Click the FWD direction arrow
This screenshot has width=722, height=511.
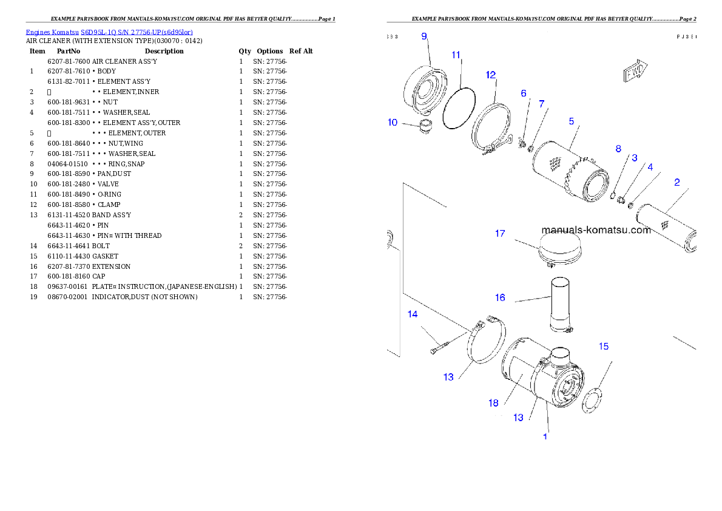(636, 72)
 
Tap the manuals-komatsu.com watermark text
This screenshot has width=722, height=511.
(596, 230)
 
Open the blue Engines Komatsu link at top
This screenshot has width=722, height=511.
(109, 32)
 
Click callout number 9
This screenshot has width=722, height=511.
(425, 36)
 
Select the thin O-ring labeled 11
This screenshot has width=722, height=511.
(458, 108)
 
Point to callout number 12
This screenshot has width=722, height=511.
(491, 75)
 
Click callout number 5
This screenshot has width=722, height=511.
(572, 121)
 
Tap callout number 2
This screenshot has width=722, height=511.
(677, 181)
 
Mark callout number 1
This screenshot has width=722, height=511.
(545, 436)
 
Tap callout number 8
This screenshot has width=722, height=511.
(618, 149)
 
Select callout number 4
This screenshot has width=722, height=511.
(650, 166)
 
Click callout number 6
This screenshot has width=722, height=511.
(524, 93)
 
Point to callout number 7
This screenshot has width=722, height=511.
(541, 104)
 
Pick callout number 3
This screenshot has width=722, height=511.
(634, 157)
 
